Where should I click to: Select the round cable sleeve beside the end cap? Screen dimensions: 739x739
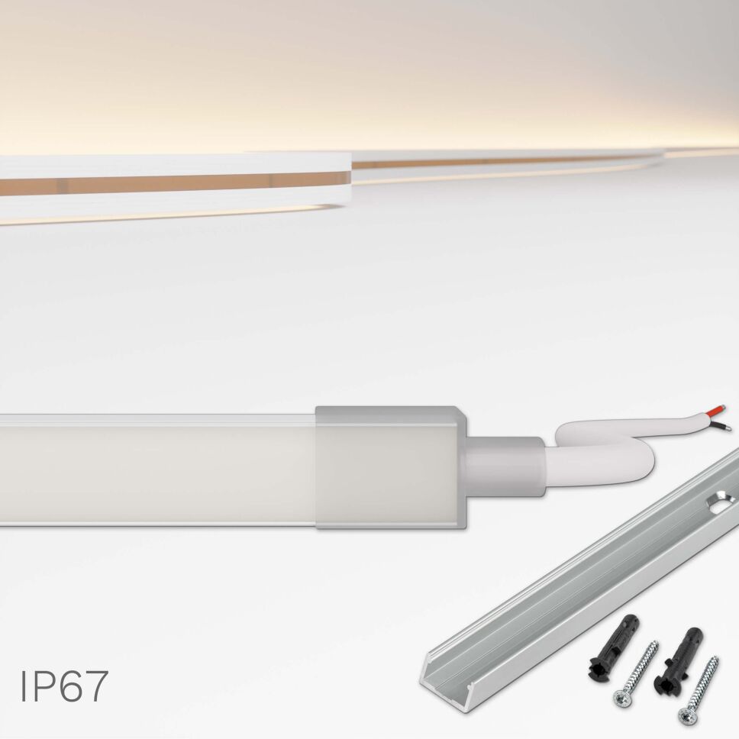[504, 465]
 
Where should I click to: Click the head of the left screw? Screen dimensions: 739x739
[622, 696]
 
